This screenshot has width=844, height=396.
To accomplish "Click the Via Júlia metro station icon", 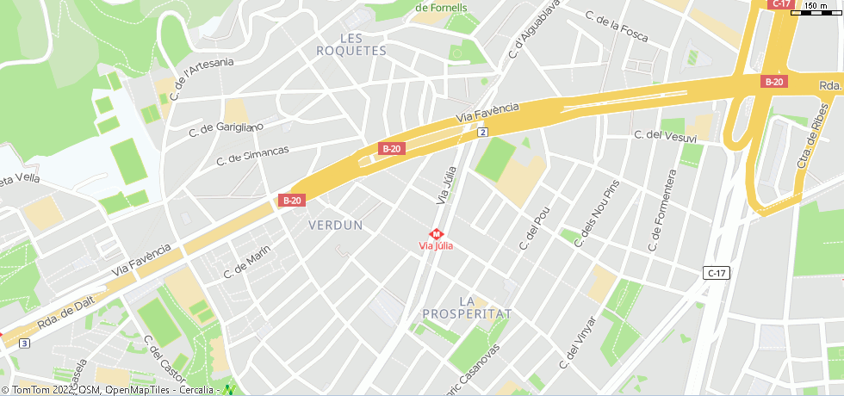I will click(x=437, y=233).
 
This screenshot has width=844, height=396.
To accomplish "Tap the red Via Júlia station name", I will click(x=436, y=246).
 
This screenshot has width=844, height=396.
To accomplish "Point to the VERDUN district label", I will click(x=335, y=225).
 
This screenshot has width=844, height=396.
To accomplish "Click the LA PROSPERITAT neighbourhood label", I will click(x=468, y=307).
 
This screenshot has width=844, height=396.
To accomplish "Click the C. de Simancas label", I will click(x=252, y=155).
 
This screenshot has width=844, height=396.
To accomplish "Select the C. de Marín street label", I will click(x=247, y=261).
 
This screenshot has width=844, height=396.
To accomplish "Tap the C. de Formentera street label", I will click(x=662, y=211).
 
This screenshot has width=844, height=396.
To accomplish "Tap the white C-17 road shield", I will click(x=716, y=273).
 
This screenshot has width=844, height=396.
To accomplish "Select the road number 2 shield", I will click(x=482, y=132).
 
